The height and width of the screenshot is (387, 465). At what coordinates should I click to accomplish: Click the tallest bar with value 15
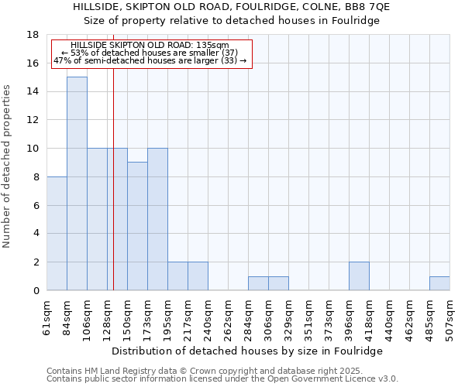tap(77, 183)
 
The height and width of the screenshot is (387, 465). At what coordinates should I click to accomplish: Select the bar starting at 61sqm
tap(57, 233)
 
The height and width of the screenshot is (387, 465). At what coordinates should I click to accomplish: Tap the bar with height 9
tap(137, 226)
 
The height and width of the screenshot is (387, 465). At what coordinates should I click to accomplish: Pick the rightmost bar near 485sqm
tap(439, 283)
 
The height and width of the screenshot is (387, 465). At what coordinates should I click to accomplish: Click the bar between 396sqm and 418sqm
tap(359, 276)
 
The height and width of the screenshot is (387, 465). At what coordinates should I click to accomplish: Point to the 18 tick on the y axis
tap(33, 35)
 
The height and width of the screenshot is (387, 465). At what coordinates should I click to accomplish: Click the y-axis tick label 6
tap(36, 205)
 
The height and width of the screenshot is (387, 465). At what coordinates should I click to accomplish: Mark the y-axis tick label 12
tap(33, 120)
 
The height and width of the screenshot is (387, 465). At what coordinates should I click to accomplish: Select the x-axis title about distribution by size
tap(248, 351)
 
